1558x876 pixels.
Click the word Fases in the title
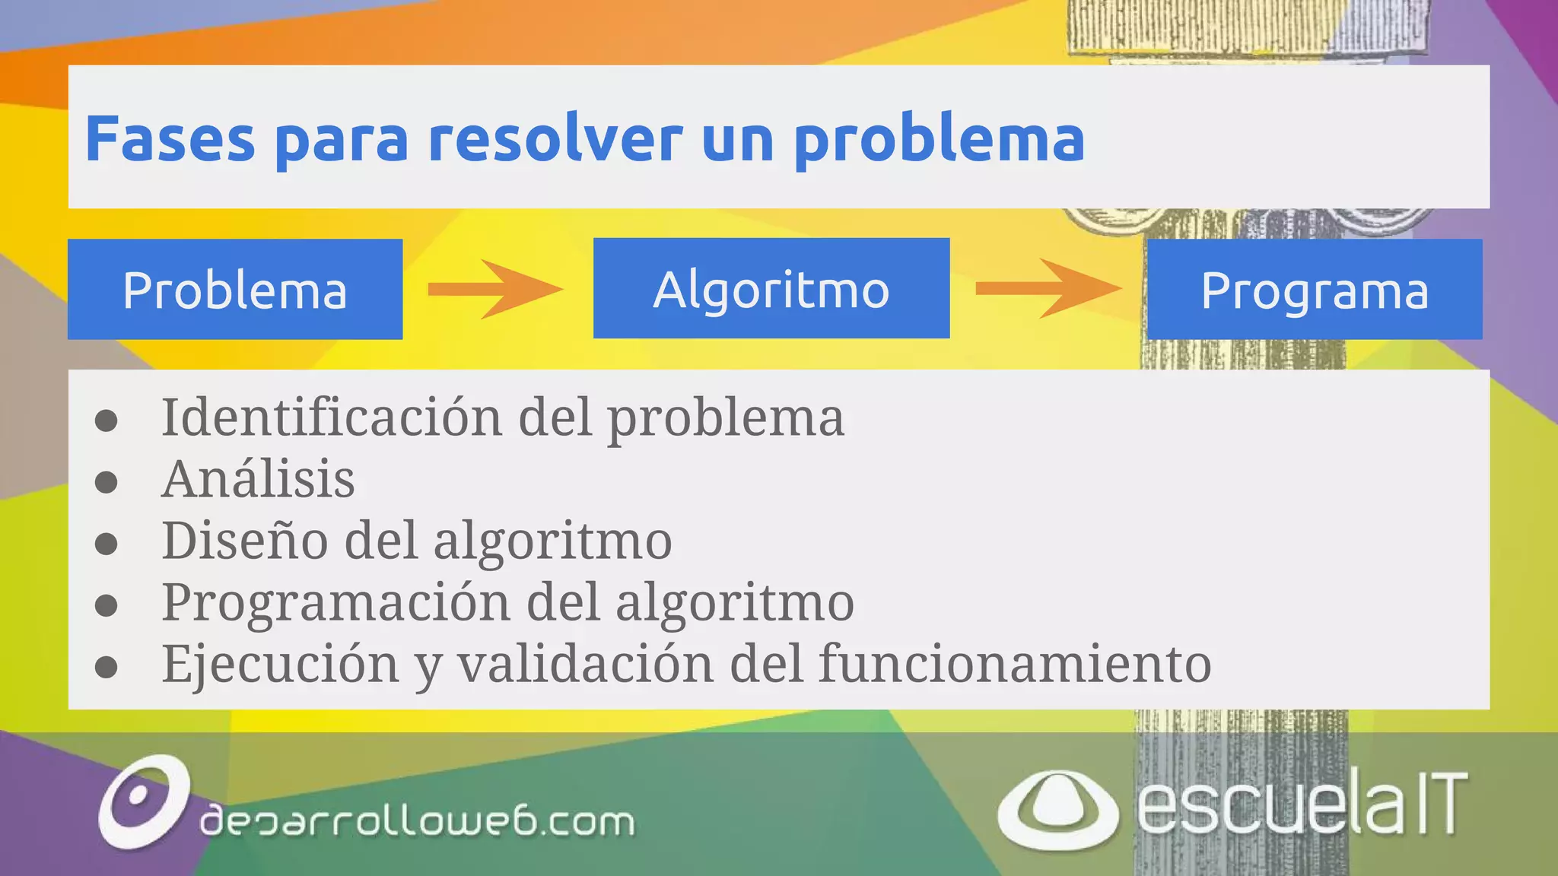pos(170,139)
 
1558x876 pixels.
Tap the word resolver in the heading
pos(555,139)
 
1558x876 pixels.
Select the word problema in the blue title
pos(939,141)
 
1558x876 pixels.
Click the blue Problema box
pos(235,289)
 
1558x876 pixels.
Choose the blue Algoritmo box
pos(771,288)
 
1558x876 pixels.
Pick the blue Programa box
pos(1315,289)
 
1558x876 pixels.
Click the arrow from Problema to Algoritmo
pos(495,289)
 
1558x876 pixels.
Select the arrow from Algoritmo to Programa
pos(1048,288)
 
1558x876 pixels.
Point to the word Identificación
pos(332,417)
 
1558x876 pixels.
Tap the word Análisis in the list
pos(258,479)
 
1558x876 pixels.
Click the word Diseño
pos(245,541)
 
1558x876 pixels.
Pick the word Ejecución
pos(280,664)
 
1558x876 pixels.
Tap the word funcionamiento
pos(1014,664)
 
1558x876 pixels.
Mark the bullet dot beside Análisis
pos(107,482)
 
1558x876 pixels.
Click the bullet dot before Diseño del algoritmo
pos(107,544)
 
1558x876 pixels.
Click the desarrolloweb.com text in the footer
pos(417,821)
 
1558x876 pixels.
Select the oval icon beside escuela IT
pos(1057,810)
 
